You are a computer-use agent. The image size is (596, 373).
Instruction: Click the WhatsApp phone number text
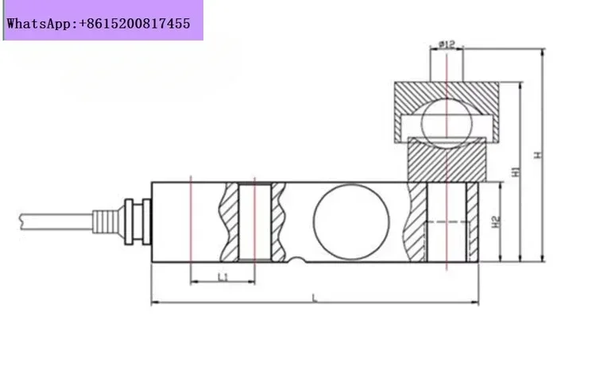[x=99, y=24]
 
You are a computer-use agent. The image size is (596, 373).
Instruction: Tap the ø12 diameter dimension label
[x=447, y=44]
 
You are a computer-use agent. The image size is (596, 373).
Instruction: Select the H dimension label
[x=537, y=155]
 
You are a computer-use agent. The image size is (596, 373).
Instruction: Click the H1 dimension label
[x=516, y=171]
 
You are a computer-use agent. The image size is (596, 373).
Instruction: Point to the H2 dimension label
[x=495, y=221]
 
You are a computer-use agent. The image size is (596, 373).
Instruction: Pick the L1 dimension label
[x=223, y=277]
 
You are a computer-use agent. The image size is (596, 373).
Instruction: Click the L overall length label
[x=315, y=298]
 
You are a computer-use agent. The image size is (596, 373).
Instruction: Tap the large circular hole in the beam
[x=351, y=221]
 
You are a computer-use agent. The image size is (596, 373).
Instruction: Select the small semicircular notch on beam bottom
[x=297, y=260]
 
